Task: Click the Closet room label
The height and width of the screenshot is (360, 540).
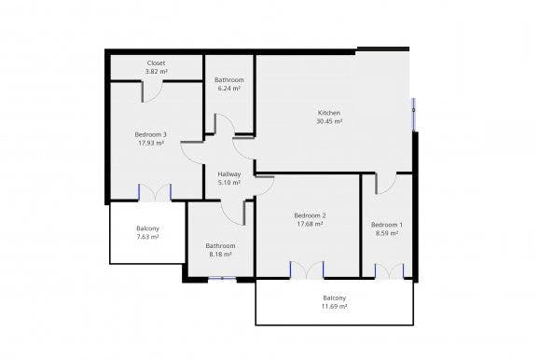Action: pyautogui.click(x=157, y=62)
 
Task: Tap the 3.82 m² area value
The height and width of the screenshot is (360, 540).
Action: pyautogui.click(x=157, y=71)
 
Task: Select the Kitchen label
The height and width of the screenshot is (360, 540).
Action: pyautogui.click(x=329, y=113)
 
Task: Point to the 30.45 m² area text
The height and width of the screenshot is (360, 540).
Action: pyautogui.click(x=329, y=121)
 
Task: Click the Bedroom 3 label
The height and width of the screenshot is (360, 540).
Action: pyautogui.click(x=150, y=134)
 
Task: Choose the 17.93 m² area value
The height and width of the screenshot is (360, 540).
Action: pyautogui.click(x=150, y=143)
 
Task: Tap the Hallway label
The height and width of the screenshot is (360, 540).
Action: pyautogui.click(x=229, y=174)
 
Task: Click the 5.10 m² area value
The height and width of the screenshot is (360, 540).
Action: pyautogui.click(x=229, y=183)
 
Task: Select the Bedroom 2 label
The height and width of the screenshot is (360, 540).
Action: pyautogui.click(x=310, y=215)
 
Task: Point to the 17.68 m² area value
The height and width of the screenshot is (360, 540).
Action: pyautogui.click(x=310, y=224)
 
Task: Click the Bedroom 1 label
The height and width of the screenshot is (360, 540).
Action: pyautogui.click(x=386, y=225)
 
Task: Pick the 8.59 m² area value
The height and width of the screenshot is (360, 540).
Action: pyautogui.click(x=386, y=233)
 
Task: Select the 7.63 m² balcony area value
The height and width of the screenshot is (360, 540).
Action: pyautogui.click(x=147, y=237)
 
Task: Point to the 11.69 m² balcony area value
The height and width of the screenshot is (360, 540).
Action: pyautogui.click(x=335, y=306)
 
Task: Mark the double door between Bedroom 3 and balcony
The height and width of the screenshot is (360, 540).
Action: pyautogui.click(x=155, y=192)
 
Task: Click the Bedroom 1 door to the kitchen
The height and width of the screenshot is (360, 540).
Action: pyautogui.click(x=386, y=183)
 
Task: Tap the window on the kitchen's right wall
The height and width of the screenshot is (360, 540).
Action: pyautogui.click(x=413, y=112)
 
